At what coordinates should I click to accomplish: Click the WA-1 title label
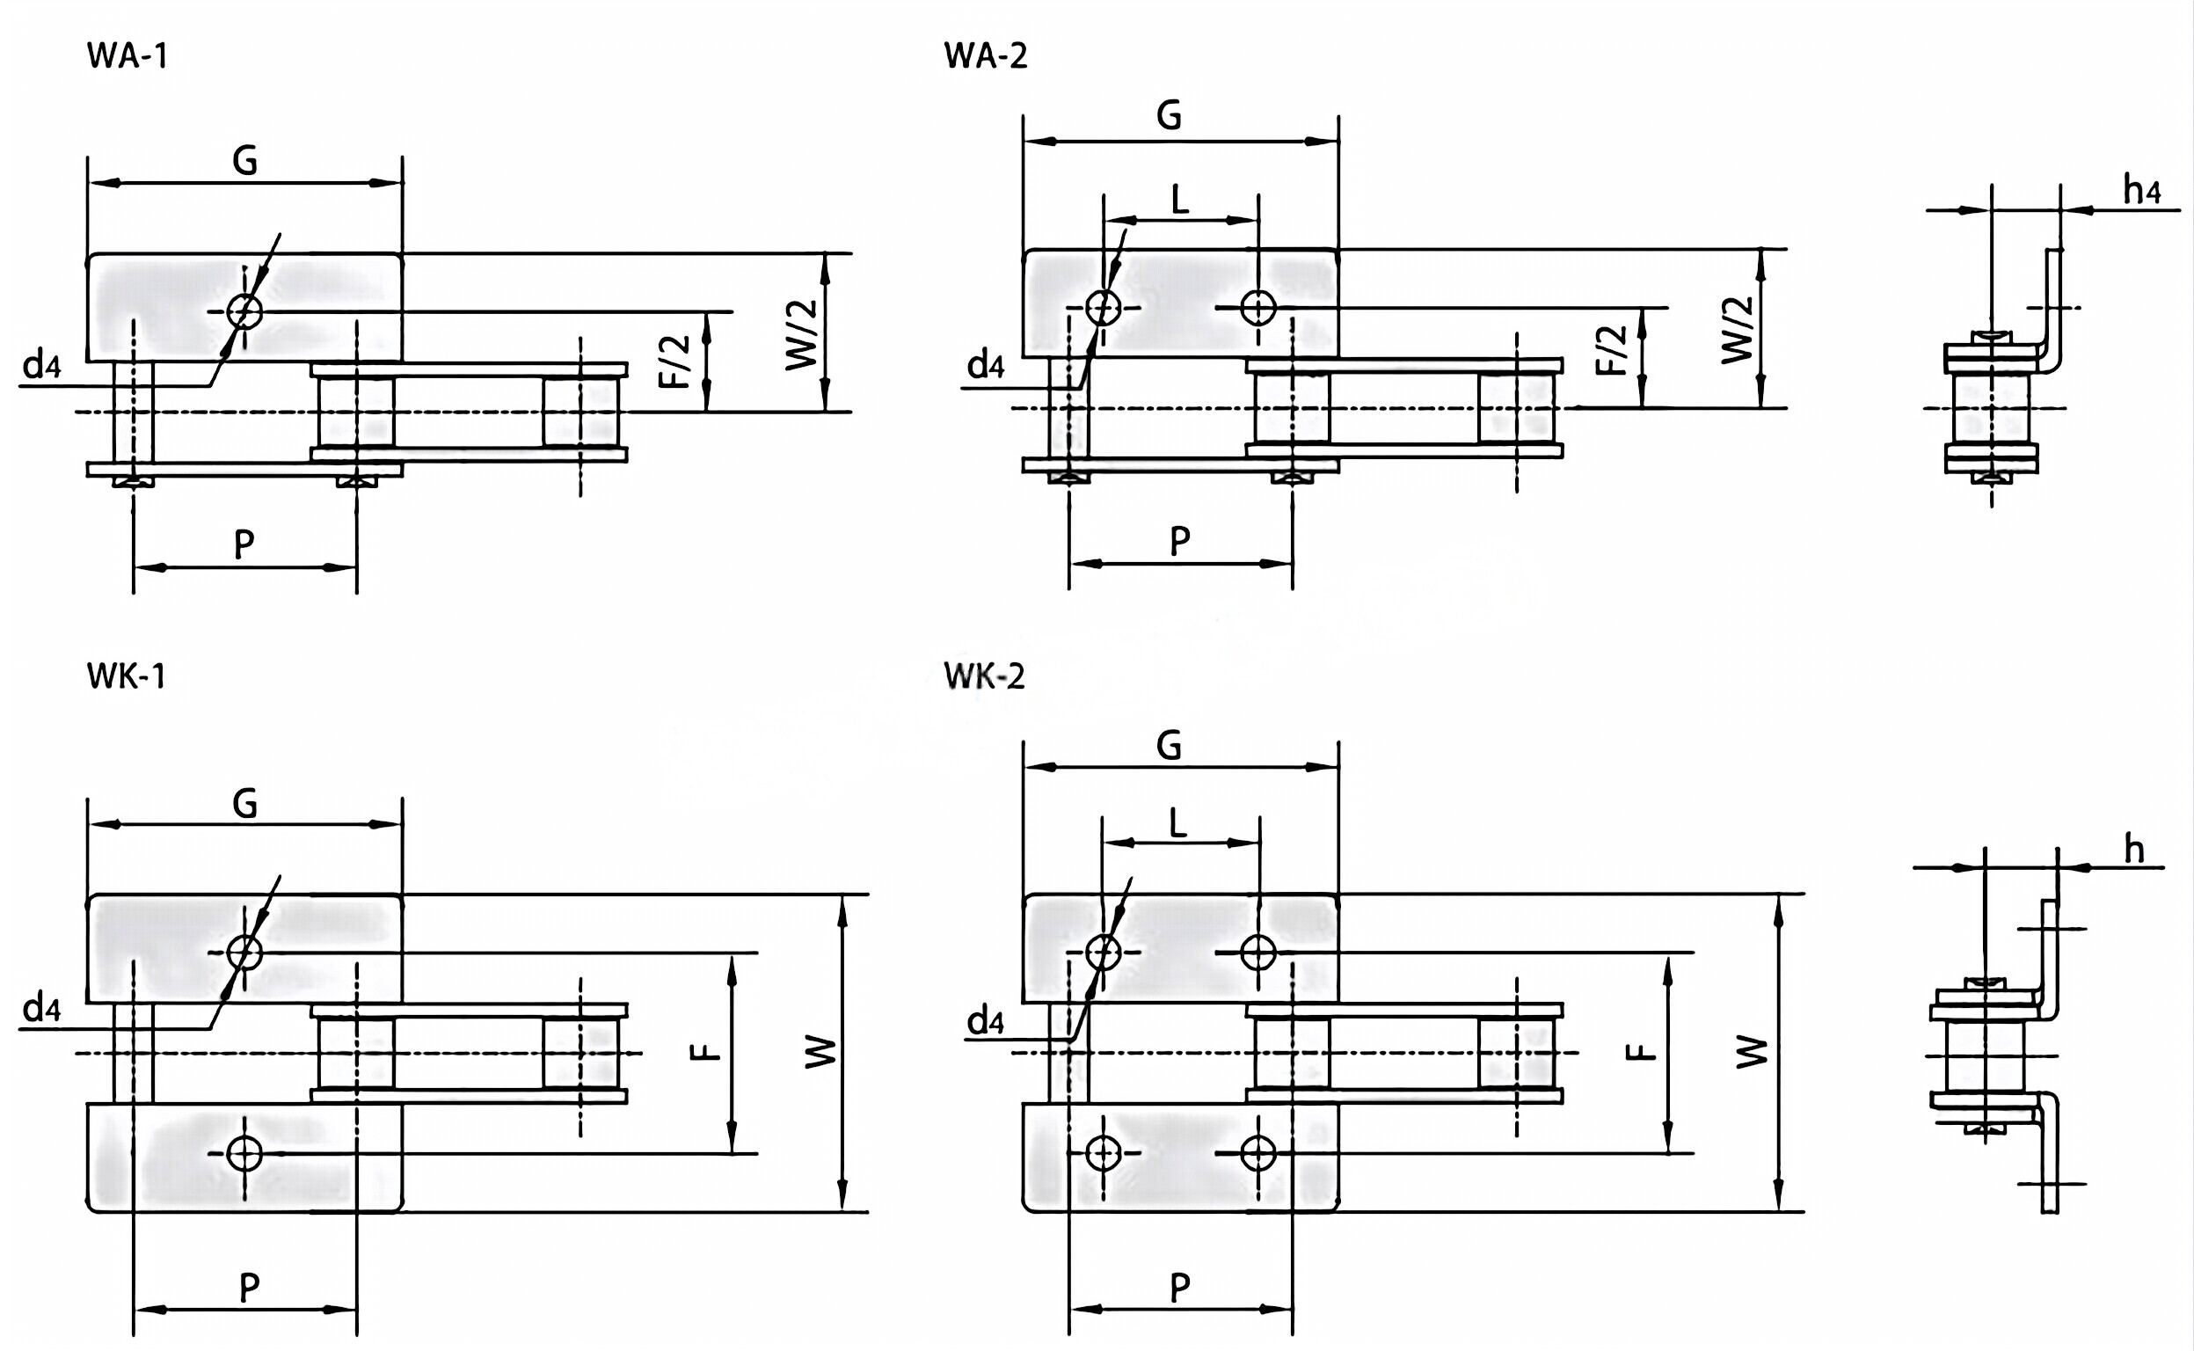(x=127, y=56)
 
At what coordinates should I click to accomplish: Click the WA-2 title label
(x=986, y=56)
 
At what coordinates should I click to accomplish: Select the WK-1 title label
(x=126, y=676)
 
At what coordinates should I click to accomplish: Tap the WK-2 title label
(x=984, y=676)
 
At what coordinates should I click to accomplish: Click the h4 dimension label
(x=2141, y=190)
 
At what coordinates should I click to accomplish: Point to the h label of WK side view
(x=2133, y=850)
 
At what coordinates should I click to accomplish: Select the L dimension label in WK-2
(x=1178, y=823)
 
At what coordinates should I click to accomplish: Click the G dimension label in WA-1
(x=244, y=162)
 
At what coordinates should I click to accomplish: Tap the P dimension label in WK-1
(x=249, y=1288)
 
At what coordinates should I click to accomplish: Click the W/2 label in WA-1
(x=801, y=334)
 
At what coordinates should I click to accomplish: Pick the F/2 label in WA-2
(x=1612, y=350)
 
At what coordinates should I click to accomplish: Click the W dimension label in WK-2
(x=1751, y=1052)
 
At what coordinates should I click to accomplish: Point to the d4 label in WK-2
(x=986, y=1020)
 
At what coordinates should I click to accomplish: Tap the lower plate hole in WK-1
(x=244, y=1153)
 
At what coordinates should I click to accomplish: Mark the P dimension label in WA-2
(x=1180, y=541)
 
